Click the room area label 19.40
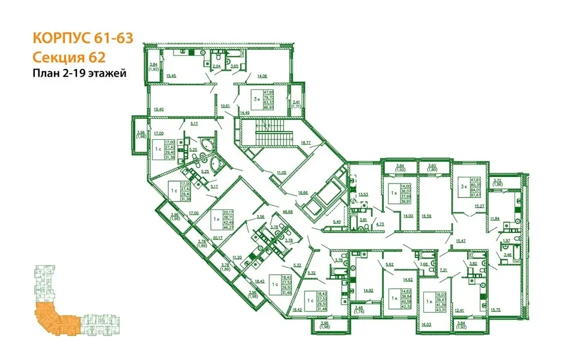[x=159, y=109]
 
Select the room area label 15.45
[x=171, y=76]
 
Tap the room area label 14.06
[x=262, y=76]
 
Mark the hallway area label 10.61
[x=226, y=106]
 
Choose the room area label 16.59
[x=427, y=216]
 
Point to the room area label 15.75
[x=495, y=310]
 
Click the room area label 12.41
[x=459, y=310]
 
